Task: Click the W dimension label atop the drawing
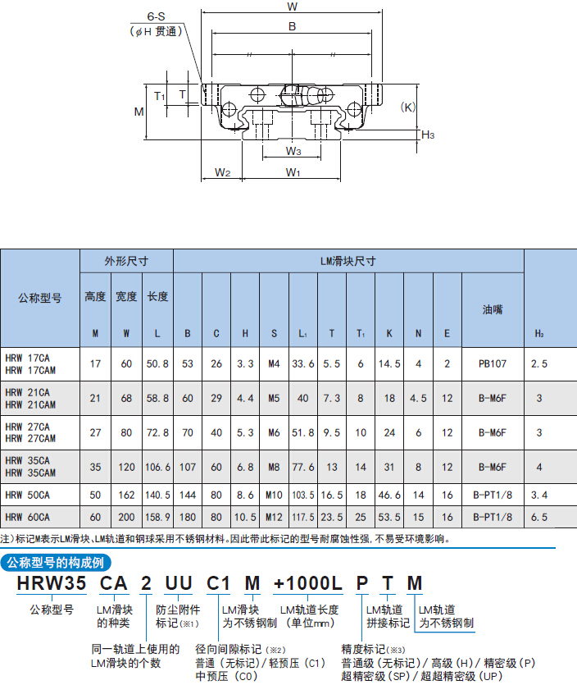coord(292,7)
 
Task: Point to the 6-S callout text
coord(156,16)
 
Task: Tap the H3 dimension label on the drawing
coord(428,135)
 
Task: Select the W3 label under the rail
coord(293,151)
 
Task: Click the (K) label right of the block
coord(407,107)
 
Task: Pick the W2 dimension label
coord(222,172)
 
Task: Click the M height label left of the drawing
coord(139,112)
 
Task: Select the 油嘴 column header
coord(493,310)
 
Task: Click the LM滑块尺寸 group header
coord(348,261)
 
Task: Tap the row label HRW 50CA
coord(28,495)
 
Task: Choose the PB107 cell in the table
coord(493,363)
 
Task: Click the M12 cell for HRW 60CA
coord(274,518)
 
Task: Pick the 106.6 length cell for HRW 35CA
coord(157,467)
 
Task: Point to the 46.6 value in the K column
coord(389,495)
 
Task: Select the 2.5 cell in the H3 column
coord(539,363)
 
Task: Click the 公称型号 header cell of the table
coord(39,298)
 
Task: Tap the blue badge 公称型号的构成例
coord(56,563)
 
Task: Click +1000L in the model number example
coord(307,583)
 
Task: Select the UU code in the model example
coord(179,583)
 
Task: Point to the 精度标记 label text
coord(363,650)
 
